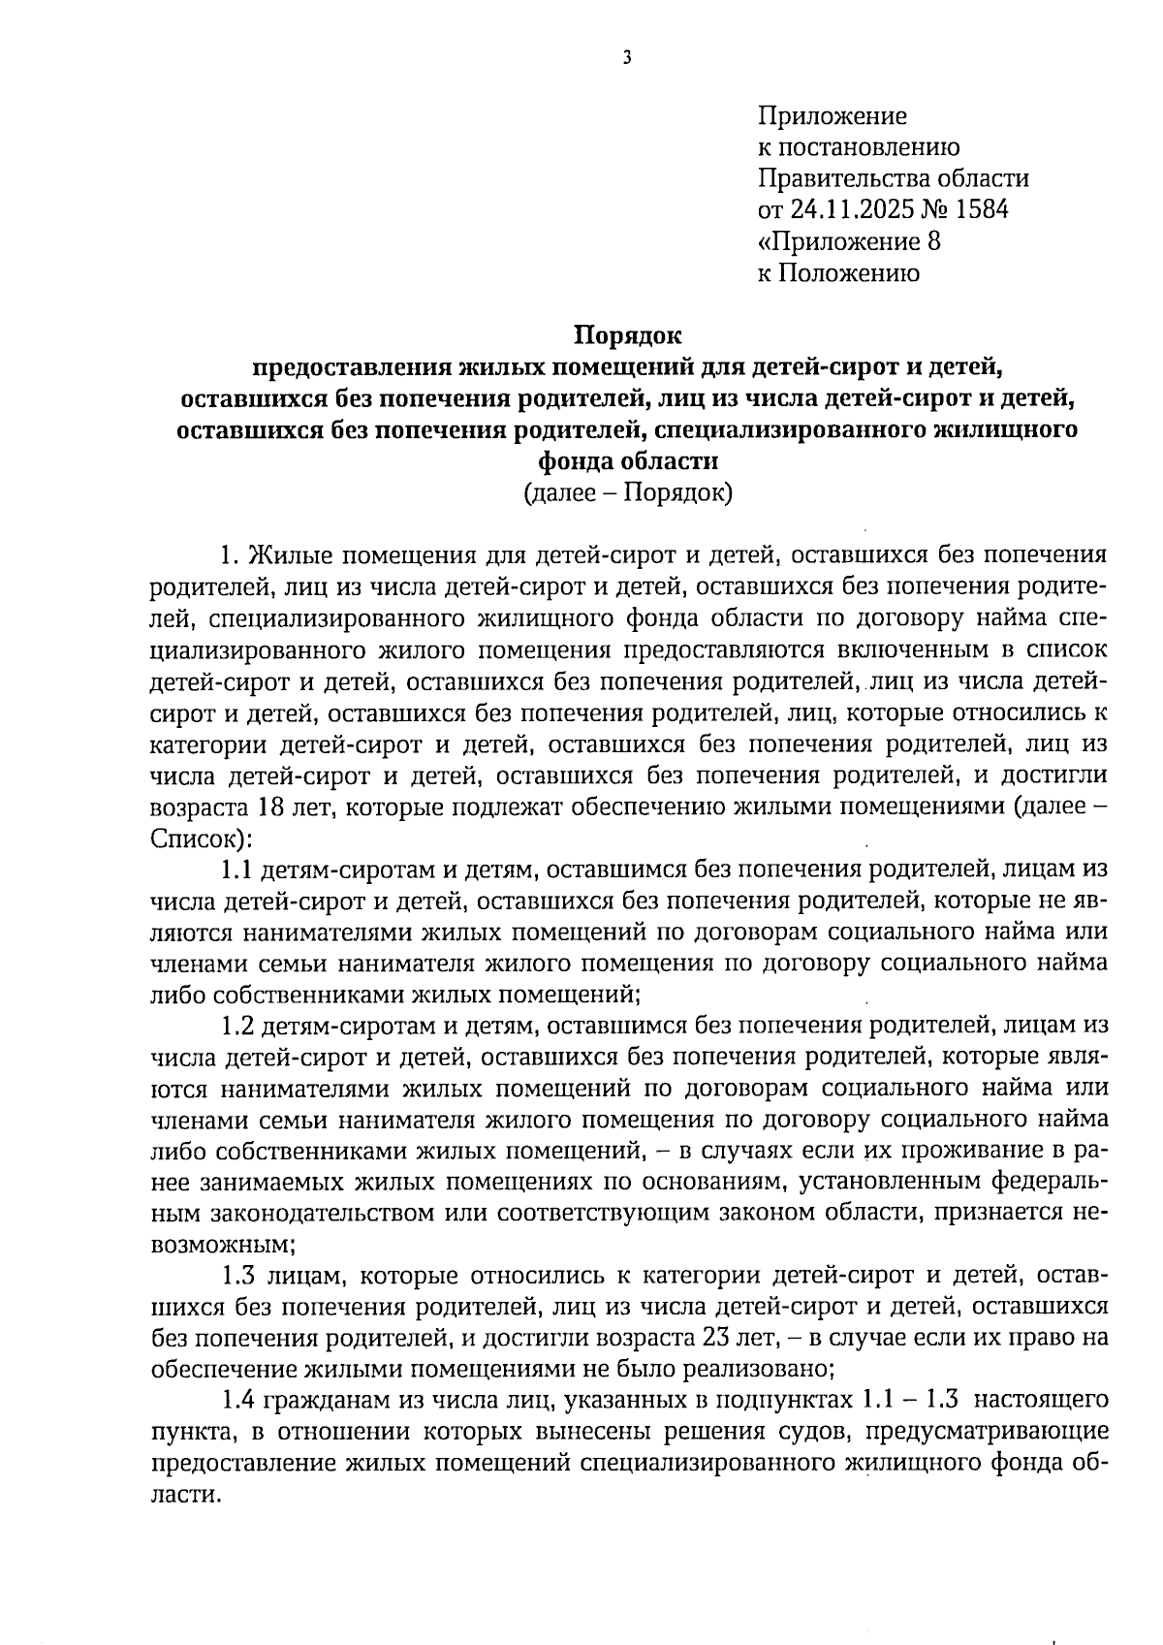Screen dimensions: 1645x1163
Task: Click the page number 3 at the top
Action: tap(626, 58)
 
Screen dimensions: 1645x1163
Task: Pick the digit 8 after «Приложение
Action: tap(933, 241)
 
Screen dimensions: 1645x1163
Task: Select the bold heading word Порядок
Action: tap(628, 335)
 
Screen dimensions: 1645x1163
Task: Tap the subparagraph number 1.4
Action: tap(236, 1401)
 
